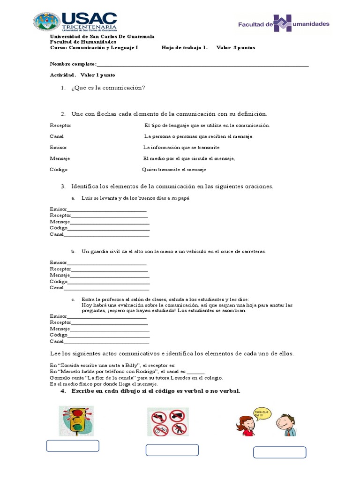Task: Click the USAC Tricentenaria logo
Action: pos(75,22)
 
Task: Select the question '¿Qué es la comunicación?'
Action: pos(108,88)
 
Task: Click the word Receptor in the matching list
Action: pos(60,125)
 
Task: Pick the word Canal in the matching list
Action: pos(57,136)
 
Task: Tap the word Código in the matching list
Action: pos(59,169)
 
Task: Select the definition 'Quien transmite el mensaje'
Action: pos(174,170)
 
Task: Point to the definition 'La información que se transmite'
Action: pos(181,147)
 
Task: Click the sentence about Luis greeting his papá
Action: pos(135,198)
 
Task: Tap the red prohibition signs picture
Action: pos(168,422)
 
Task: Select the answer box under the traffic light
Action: pos(73,446)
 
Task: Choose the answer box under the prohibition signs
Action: pos(172,450)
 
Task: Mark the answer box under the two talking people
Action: pos(279,452)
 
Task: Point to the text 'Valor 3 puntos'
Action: pos(236,48)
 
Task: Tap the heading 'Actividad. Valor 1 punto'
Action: pos(82,75)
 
